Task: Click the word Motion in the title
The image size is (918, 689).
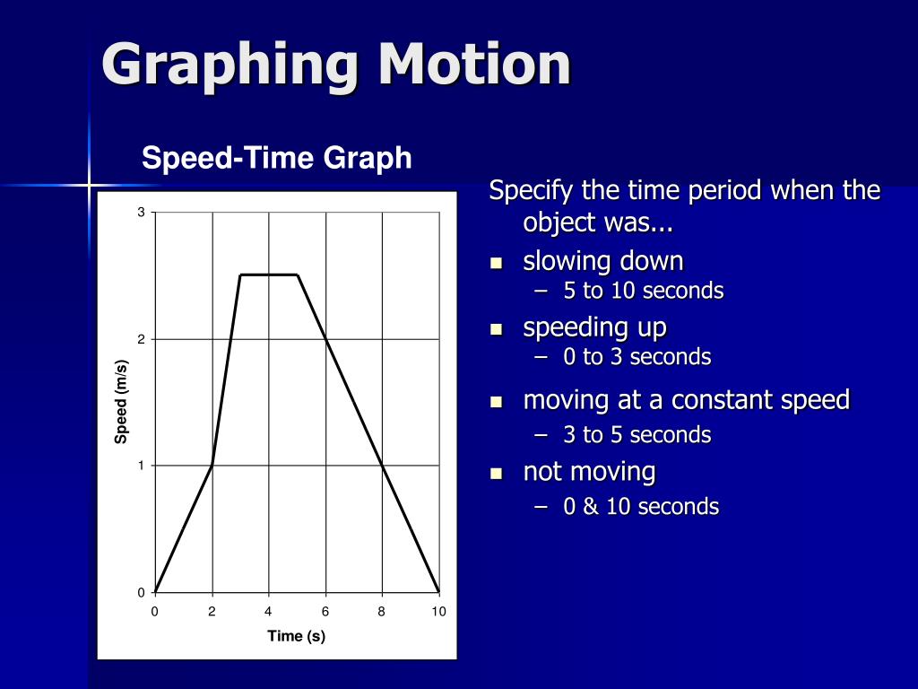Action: (x=474, y=65)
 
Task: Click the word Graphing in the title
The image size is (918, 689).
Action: (x=228, y=66)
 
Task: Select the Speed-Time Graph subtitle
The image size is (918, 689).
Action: (x=277, y=159)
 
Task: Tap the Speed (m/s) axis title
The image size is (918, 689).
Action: (x=121, y=401)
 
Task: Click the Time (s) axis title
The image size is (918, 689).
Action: (x=296, y=636)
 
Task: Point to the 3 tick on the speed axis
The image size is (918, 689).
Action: (x=141, y=212)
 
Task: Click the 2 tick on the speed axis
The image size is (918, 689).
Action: (x=141, y=339)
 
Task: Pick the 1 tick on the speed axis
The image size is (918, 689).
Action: (x=141, y=466)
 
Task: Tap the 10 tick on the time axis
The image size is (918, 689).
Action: (x=438, y=612)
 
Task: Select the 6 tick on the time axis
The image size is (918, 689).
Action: (x=325, y=612)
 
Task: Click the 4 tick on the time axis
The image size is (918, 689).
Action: (x=268, y=612)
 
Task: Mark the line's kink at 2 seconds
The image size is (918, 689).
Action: (x=212, y=465)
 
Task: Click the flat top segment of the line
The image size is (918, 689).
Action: (x=268, y=275)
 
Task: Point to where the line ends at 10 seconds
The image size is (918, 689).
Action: (x=438, y=591)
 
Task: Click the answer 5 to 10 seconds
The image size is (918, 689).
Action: (x=643, y=291)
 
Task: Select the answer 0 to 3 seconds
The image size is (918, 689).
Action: (x=637, y=357)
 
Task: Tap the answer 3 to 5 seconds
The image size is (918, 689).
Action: (x=637, y=435)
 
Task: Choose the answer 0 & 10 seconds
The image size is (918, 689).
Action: (x=641, y=507)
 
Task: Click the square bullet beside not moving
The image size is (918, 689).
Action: (x=496, y=473)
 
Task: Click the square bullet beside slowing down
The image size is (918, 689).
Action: (x=496, y=263)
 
